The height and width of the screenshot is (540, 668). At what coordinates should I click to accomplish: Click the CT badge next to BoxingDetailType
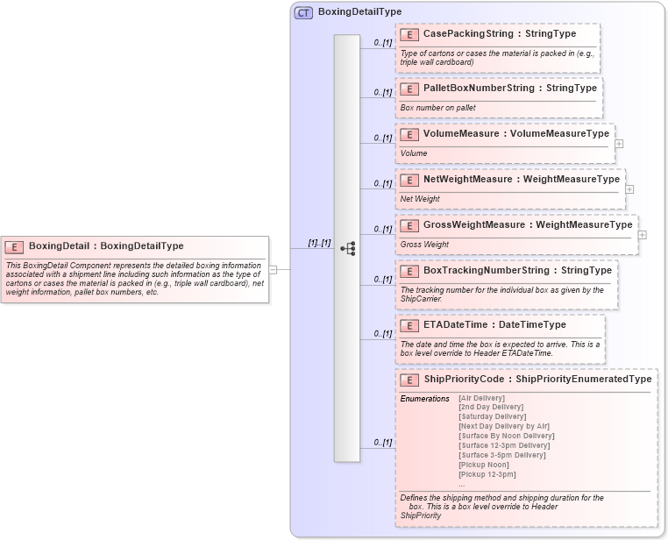pyautogui.click(x=303, y=12)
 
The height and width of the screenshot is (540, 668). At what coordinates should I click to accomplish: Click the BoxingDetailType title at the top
pyautogui.click(x=359, y=12)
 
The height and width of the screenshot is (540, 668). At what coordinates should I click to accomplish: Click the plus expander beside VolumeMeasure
pyautogui.click(x=619, y=143)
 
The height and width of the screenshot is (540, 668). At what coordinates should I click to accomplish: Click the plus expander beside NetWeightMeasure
pyautogui.click(x=629, y=188)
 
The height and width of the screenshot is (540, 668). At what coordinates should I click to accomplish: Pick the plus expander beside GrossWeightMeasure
pyautogui.click(x=643, y=234)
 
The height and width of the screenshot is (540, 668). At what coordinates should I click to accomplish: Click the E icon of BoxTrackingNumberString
pyautogui.click(x=409, y=271)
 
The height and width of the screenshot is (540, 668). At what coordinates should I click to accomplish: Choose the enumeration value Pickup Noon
pyautogui.click(x=484, y=465)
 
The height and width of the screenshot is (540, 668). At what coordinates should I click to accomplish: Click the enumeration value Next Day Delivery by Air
pyautogui.click(x=504, y=426)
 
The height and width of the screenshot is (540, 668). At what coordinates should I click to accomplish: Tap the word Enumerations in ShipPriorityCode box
pyautogui.click(x=424, y=399)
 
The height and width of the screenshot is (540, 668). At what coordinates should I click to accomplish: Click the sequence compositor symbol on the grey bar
pyautogui.click(x=347, y=248)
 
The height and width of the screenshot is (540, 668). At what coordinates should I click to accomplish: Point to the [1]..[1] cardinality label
pyautogui.click(x=319, y=242)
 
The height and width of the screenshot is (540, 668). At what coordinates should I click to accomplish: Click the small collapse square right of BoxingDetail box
pyautogui.click(x=273, y=269)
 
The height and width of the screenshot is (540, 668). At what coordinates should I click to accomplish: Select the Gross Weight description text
pyautogui.click(x=424, y=245)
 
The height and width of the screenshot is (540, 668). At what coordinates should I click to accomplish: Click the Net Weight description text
pyautogui.click(x=420, y=199)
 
